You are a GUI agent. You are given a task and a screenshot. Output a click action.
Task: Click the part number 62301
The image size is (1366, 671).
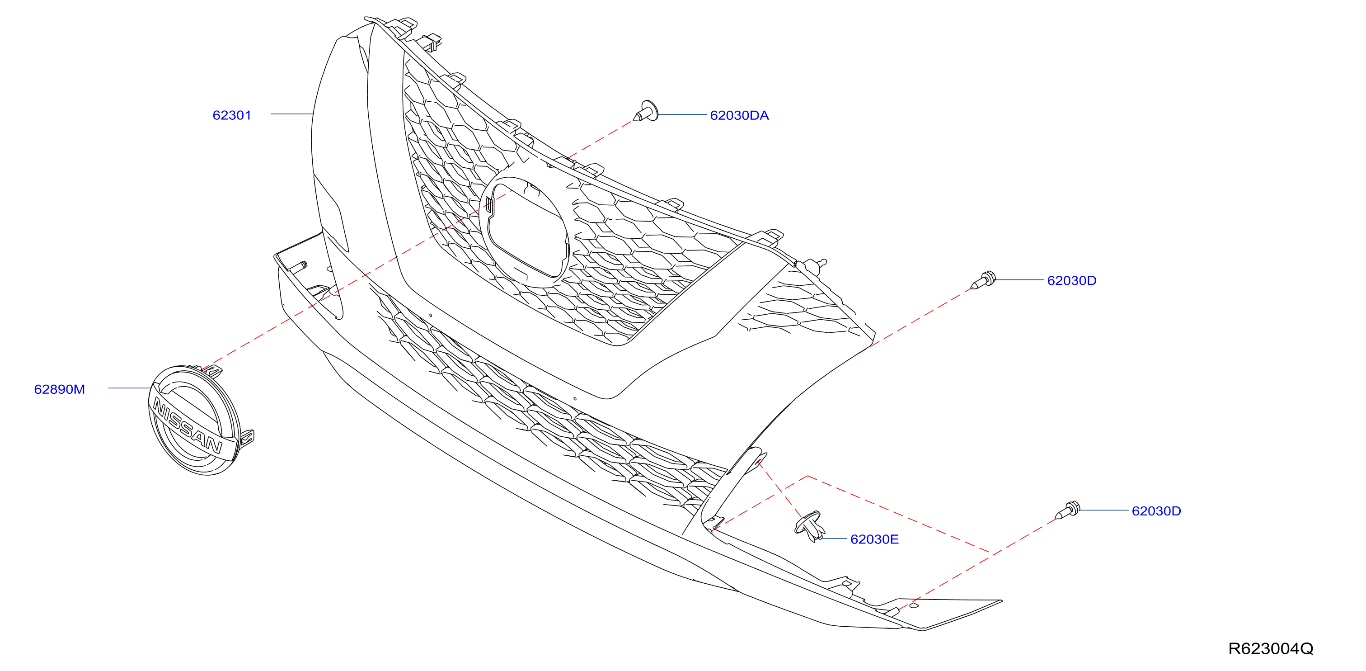[x=232, y=115]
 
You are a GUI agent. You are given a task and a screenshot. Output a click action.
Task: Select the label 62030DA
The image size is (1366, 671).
[x=739, y=115]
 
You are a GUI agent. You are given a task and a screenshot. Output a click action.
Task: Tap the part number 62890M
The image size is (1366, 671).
[x=59, y=389]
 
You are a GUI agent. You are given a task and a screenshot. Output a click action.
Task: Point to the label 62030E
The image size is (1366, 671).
[x=874, y=539]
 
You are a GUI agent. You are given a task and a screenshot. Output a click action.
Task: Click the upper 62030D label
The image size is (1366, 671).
[x=1072, y=281]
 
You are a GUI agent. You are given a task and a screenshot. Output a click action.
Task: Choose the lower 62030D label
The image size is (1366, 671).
[x=1156, y=511]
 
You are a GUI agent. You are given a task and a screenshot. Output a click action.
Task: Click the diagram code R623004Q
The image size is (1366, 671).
[x=1271, y=649]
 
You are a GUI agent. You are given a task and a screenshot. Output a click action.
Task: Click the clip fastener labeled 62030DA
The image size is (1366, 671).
[x=645, y=111]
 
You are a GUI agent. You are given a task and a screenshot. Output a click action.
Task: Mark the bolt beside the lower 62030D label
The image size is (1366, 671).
[x=1067, y=510]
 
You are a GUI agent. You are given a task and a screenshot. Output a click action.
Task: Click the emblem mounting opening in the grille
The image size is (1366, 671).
[x=525, y=232]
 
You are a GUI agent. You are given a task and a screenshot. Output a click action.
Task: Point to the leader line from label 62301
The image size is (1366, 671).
[x=291, y=114]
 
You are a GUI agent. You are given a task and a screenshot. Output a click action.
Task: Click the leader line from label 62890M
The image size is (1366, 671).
[x=130, y=388]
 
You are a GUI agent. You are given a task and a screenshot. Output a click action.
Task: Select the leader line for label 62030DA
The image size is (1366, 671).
[x=682, y=114]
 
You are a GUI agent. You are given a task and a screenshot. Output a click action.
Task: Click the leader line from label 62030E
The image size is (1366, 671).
[x=834, y=539]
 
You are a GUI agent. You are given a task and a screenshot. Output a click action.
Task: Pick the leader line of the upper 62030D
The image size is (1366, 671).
[x=1020, y=279]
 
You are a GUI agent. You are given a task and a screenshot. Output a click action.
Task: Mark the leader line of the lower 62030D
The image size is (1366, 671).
[x=1104, y=510]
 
